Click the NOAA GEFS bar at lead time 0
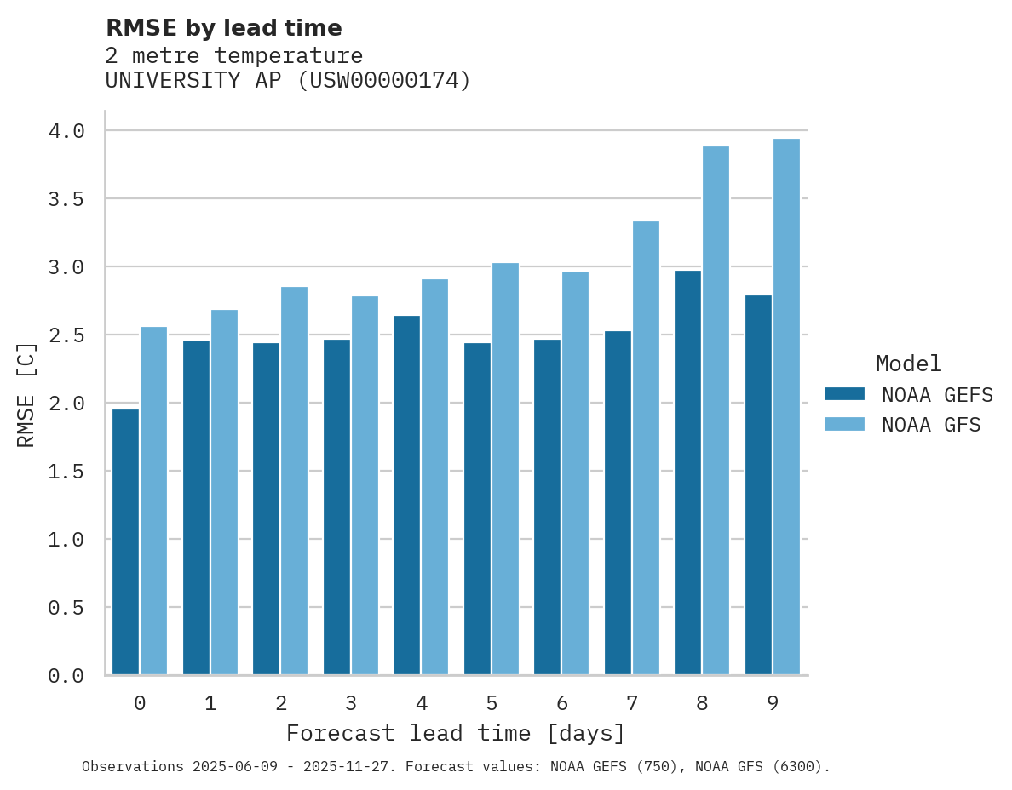coord(125,542)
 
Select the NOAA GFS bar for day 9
coord(786,407)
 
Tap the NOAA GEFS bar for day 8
coord(687,472)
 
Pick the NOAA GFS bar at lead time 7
coord(646,448)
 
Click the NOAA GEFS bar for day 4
coord(406,495)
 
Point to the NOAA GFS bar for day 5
coord(505,469)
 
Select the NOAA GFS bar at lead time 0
coord(153,501)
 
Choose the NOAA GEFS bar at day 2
coord(266,509)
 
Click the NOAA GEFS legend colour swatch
coord(844,394)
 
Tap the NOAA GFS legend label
coord(931,425)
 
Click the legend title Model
coord(908,364)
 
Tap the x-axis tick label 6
coord(561,703)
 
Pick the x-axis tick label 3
coord(350,703)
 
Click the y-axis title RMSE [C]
coord(26,394)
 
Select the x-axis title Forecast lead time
coord(455,733)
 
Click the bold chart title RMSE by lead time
coord(223,28)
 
